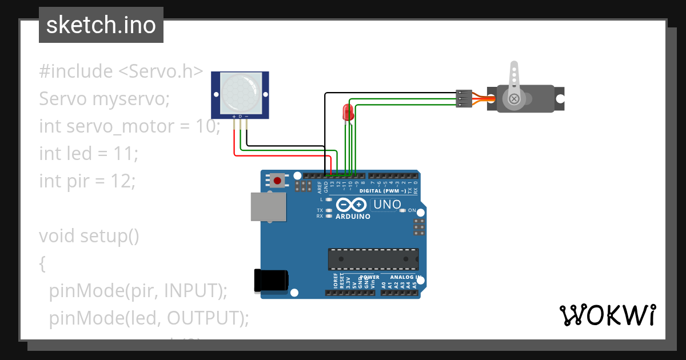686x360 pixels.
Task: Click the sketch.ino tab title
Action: pos(101,25)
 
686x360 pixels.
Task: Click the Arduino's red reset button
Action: pos(277,181)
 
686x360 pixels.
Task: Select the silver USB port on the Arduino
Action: pos(268,206)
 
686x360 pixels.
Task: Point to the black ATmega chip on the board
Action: pos(373,259)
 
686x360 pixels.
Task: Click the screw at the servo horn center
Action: pos(514,99)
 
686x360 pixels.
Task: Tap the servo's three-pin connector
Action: pos(463,98)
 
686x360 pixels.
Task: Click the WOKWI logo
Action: pos(607,315)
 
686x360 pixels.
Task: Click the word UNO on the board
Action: pos(388,204)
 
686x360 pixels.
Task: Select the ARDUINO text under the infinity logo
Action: pos(353,217)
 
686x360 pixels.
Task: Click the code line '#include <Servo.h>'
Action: pos(121,71)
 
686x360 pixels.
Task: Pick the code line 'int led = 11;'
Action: pos(89,154)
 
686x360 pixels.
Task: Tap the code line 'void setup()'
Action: pos(89,236)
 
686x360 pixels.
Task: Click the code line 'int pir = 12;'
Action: pos(87,181)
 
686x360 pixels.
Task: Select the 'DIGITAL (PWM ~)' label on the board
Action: pos(382,190)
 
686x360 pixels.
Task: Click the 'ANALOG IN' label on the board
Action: pos(406,277)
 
